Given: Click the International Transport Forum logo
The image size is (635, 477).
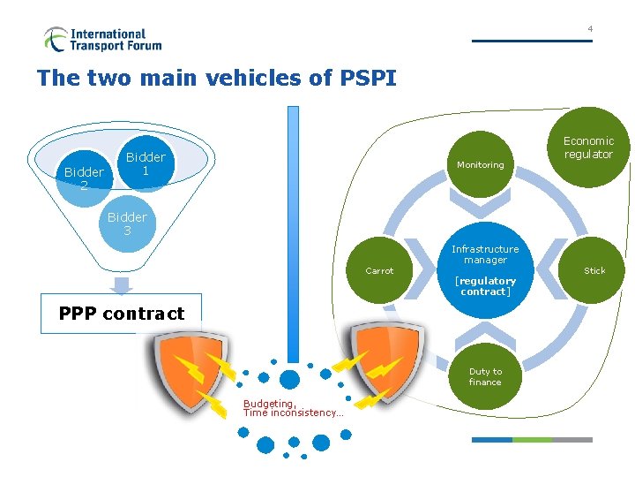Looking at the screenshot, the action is coord(103,40).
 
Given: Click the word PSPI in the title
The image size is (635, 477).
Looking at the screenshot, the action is coord(368,78).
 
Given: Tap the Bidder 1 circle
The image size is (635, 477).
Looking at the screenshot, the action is coord(146,163).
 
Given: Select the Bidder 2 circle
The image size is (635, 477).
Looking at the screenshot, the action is coord(85,178).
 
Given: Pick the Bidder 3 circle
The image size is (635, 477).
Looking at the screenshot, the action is coord(128,223).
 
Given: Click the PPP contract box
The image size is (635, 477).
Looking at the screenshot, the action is coord(121,314).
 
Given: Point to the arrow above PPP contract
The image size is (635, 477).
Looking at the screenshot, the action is coord(121,285).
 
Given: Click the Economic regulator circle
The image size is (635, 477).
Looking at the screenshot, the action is coord(588,148).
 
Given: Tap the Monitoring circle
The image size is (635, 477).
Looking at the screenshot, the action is coord(481,164).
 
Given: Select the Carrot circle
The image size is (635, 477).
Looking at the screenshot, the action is coord(379,270).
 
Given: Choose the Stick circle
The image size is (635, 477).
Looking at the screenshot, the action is coord(592,270).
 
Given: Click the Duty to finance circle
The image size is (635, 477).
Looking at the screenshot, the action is coord(485,376).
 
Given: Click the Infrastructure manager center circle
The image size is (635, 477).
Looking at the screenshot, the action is coord(485,270).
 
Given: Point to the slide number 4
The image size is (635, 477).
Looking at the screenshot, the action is coord(590,29).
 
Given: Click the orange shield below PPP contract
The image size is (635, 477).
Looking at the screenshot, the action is coord(190,372).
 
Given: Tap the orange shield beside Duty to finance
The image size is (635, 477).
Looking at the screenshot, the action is coord(387,362).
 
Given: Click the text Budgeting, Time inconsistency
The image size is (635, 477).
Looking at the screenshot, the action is coord(293,408).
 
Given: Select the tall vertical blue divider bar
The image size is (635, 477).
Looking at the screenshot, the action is coord(293,234).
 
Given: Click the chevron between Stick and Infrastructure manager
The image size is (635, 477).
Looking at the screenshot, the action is coord(551,269).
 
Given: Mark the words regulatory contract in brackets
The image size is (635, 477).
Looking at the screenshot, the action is coord(485,286).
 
